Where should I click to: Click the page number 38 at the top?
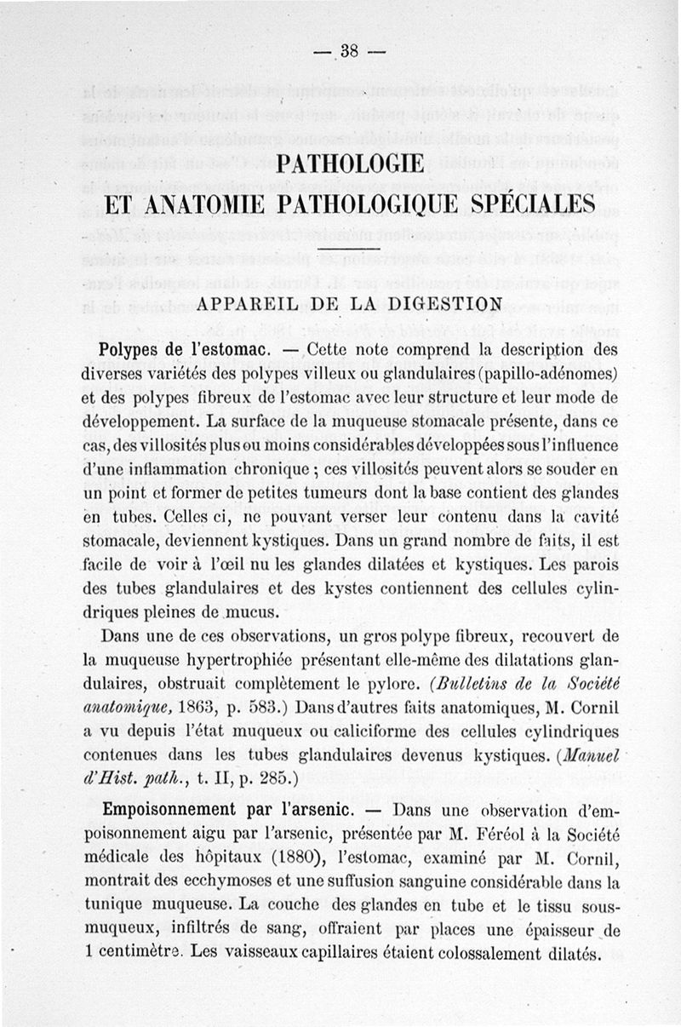349,50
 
